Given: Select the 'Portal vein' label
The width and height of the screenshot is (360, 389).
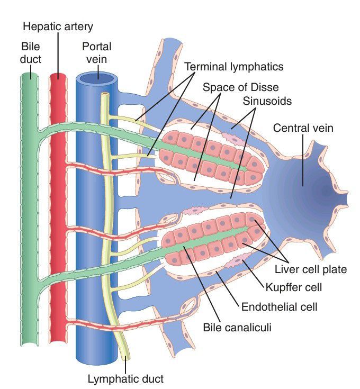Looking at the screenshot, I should tap(97, 52).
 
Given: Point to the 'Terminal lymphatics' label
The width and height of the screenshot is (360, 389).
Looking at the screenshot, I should tap(234, 67).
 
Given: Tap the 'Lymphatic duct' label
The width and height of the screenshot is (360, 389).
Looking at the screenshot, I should tap(126, 378).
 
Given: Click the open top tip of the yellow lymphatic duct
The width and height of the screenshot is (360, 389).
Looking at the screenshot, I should tap(105, 94).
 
